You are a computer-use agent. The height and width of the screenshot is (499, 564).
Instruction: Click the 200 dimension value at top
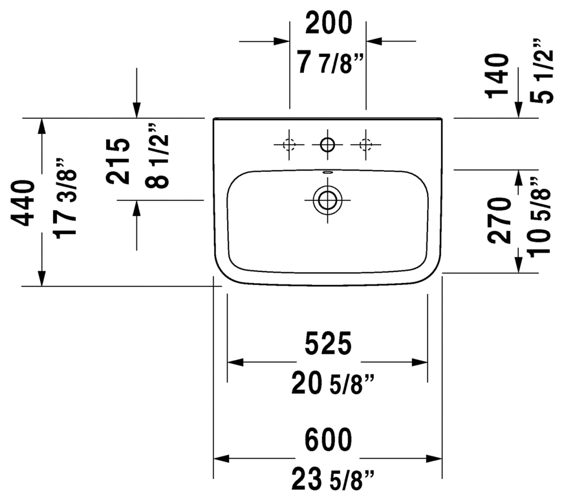[329, 23]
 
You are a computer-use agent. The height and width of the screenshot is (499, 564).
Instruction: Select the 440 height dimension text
[23, 203]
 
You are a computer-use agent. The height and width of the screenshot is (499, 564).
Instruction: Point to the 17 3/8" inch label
[65, 198]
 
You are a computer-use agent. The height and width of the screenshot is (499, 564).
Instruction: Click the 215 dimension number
[118, 161]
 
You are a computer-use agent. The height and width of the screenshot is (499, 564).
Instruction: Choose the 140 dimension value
[497, 76]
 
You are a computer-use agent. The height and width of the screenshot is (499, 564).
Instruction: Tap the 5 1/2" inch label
[541, 71]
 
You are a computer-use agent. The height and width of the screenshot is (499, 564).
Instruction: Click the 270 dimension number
[499, 220]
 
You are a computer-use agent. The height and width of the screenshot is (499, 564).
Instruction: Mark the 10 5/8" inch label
[539, 217]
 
